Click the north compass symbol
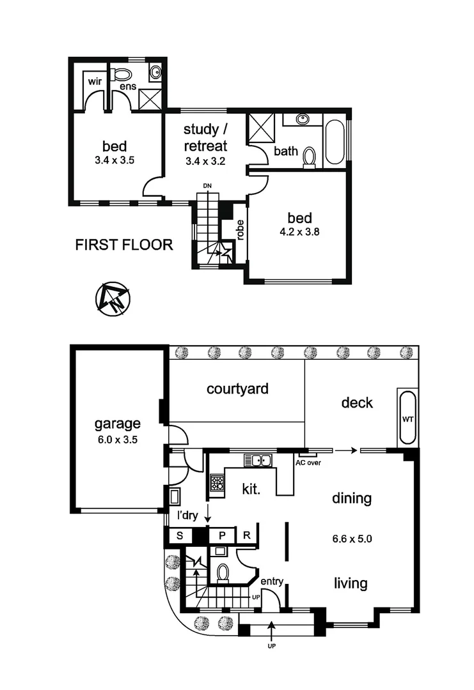click(x=113, y=298)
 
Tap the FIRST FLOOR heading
click(x=124, y=245)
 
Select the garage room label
click(x=117, y=423)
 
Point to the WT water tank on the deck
click(x=407, y=419)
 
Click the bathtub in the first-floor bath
click(x=335, y=141)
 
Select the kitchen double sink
click(x=259, y=460)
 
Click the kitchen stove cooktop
click(x=217, y=483)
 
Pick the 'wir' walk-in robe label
click(x=95, y=81)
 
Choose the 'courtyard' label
click(x=237, y=388)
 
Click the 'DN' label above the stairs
click(x=207, y=186)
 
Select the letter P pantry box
click(x=223, y=535)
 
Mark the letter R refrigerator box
click(x=246, y=535)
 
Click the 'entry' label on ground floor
click(x=272, y=581)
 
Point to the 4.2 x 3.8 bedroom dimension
click(x=299, y=233)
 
